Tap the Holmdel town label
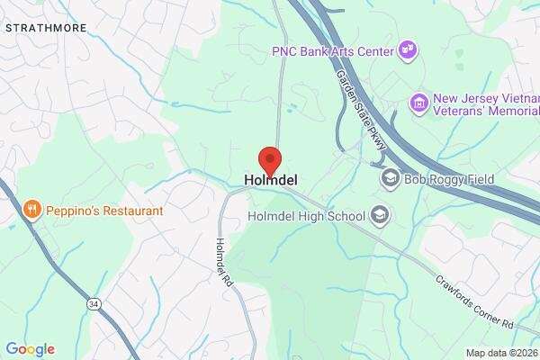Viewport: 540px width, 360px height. point(271,180)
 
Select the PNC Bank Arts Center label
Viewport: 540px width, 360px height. point(333,51)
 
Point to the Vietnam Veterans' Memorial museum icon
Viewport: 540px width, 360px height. point(418,103)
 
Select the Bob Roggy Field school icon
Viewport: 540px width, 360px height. point(390,178)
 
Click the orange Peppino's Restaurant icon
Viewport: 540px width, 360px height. point(32,211)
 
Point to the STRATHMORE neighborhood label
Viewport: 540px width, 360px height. point(46,28)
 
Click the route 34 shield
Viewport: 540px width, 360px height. point(94,306)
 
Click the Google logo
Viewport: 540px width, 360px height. point(30,349)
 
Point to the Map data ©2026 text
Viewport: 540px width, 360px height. point(501,352)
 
